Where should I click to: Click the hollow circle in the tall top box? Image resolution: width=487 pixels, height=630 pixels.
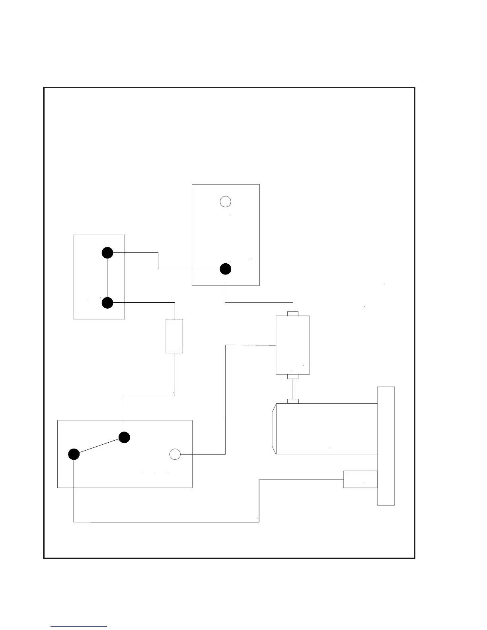226,202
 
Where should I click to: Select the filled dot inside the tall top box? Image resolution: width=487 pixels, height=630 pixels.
226,269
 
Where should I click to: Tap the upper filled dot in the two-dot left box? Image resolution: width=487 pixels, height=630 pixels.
107,253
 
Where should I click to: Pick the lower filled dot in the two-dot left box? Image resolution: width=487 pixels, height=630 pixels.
107,303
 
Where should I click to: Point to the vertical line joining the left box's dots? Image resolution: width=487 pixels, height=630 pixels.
107,278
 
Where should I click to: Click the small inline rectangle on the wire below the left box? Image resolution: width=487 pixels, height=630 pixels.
174,336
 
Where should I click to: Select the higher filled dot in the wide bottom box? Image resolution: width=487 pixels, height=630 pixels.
125,437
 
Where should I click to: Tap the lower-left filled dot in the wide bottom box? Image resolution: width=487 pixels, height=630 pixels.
74,454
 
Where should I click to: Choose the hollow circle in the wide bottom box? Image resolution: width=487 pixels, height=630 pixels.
175,454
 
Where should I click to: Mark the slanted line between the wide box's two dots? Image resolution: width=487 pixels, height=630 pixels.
99,446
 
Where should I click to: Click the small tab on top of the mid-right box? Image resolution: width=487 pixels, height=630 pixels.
293,314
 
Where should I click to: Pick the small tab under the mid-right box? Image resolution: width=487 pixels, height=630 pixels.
293,376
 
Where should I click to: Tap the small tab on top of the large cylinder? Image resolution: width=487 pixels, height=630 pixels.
293,401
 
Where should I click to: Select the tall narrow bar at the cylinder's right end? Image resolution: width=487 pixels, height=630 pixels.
386,446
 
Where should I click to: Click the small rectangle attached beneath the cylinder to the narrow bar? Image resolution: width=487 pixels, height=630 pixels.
360,479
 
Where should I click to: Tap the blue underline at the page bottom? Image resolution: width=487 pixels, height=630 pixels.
79,626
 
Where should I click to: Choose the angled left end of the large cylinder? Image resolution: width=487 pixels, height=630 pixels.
274,429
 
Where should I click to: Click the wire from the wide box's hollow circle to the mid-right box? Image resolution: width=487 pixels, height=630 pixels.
226,398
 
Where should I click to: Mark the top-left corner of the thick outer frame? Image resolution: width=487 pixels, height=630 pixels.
44,88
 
